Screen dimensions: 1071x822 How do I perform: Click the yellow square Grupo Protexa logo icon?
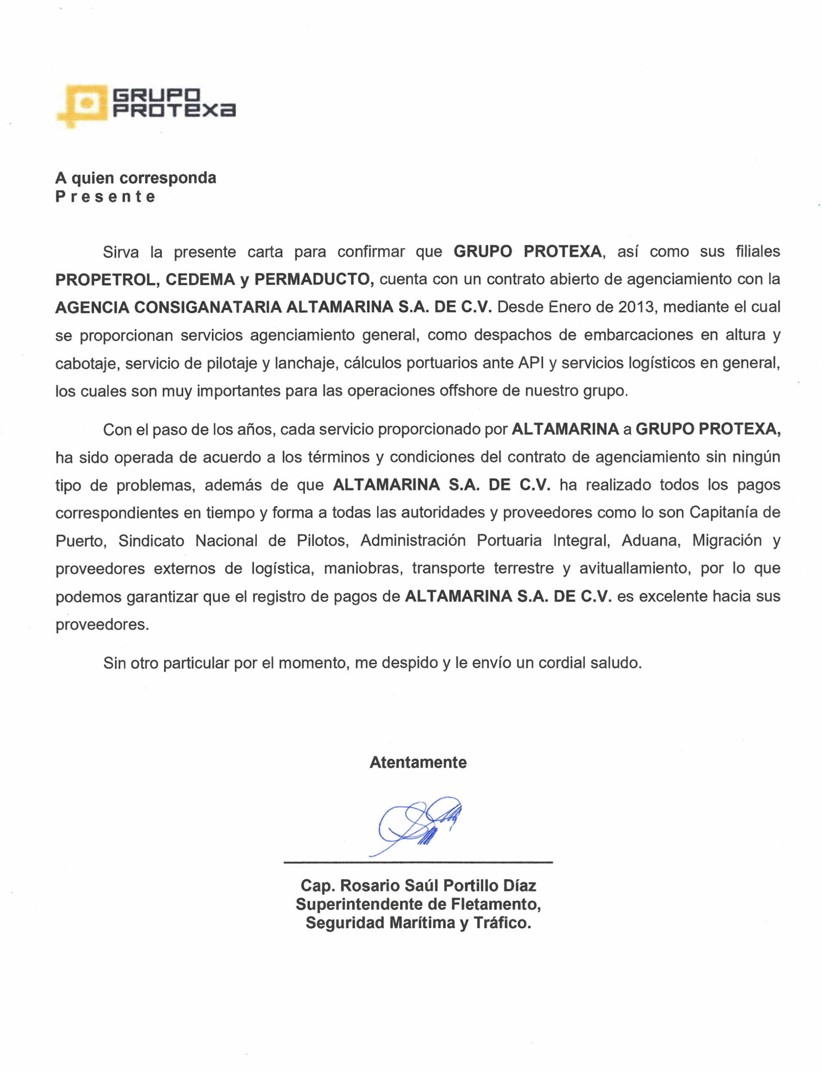pos(83,104)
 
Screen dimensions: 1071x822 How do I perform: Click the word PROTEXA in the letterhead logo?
pos(174,110)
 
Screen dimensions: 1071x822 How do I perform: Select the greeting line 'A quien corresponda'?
pos(136,178)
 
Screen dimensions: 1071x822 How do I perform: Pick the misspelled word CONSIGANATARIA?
pos(208,307)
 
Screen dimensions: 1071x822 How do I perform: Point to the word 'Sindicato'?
pos(151,541)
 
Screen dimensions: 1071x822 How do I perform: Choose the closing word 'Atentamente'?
pos(418,762)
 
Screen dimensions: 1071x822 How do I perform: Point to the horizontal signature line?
pos(418,862)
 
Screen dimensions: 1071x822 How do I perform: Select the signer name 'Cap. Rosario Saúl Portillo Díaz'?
pos(418,886)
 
